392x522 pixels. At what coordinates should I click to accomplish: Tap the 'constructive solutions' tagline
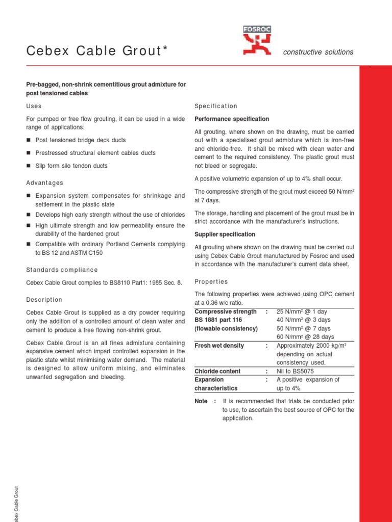pyautogui.click(x=318, y=52)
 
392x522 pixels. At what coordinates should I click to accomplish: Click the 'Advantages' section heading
pyautogui.click(x=45, y=182)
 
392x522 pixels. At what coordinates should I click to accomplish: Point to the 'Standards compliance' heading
pyautogui.click(x=62, y=270)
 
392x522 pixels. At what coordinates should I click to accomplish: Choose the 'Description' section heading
pyautogui.click(x=44, y=299)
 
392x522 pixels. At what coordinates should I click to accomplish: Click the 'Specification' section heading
pyautogui.click(x=216, y=106)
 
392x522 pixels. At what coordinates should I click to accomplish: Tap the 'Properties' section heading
pyautogui.click(x=211, y=281)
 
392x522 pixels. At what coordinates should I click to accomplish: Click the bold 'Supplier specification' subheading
pyautogui.click(x=225, y=234)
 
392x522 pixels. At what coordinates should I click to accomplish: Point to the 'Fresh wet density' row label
pyautogui.click(x=219, y=346)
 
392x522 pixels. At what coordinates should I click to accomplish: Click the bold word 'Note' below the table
pyautogui.click(x=201, y=401)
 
